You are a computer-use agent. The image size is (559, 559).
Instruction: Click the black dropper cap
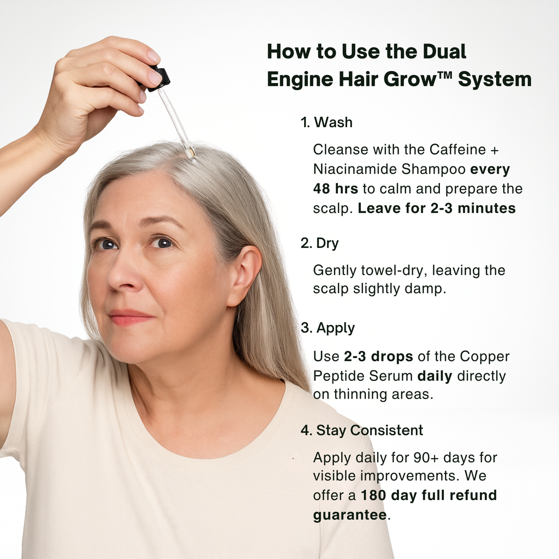[159, 77]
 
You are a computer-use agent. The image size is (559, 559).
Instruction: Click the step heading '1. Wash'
[326, 123]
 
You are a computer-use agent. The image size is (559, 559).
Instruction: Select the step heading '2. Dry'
[319, 243]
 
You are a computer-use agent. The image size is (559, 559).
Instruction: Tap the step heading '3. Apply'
[328, 328]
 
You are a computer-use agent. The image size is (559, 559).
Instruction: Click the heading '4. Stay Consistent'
[361, 430]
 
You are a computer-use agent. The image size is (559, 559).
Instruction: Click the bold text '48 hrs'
[335, 189]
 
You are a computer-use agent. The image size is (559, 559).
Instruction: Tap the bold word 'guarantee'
[349, 515]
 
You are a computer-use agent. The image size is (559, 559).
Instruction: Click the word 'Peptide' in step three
[338, 376]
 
